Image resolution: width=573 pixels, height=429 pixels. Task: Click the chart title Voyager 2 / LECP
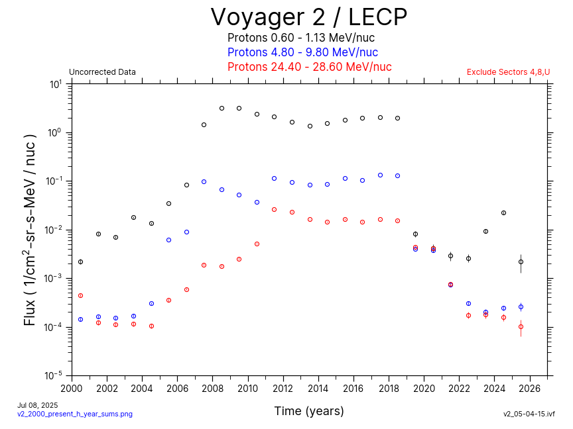[x=308, y=17]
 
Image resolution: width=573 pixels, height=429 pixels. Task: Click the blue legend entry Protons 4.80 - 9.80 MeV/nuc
[x=302, y=52]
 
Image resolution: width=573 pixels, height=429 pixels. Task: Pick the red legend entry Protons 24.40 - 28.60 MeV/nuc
[x=309, y=67]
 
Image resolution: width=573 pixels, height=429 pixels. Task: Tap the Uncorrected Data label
[x=102, y=72]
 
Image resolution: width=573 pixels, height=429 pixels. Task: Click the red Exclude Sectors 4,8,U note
[x=508, y=72]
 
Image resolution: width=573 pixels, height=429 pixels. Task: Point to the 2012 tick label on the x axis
[x=283, y=389]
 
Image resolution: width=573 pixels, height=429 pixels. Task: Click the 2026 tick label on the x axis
[x=530, y=389]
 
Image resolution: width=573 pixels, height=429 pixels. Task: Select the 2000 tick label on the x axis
[x=72, y=389]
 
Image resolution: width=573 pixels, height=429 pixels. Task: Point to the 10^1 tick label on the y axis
[x=56, y=85]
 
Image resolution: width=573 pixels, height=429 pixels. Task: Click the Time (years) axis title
[x=309, y=411]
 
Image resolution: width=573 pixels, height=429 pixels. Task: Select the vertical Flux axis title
[x=30, y=230]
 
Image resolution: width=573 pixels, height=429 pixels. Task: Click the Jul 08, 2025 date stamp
[x=38, y=405]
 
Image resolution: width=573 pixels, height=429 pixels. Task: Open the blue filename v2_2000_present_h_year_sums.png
[x=75, y=414]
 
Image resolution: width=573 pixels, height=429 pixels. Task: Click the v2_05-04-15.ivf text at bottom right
[x=529, y=414]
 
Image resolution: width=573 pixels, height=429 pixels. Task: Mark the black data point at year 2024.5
[x=503, y=213]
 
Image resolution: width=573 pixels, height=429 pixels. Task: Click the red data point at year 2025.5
[x=521, y=326]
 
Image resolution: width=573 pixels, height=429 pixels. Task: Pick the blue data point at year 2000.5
[x=80, y=319]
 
